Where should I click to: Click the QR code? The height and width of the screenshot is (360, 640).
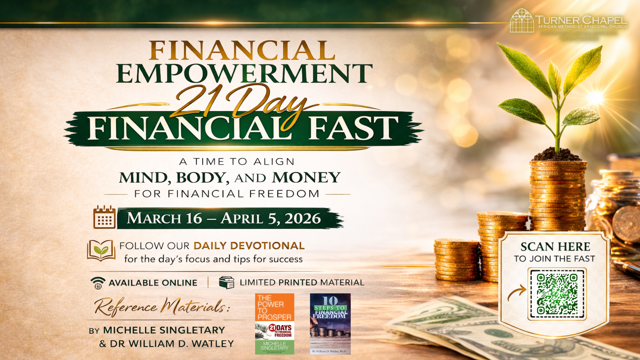click(x=557, y=294)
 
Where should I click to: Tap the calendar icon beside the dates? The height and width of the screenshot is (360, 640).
click(x=104, y=217)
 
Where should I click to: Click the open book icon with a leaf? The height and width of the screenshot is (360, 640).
click(x=101, y=251)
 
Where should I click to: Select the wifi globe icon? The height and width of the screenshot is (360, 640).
click(x=98, y=283)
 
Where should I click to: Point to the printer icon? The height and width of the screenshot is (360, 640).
click(x=227, y=282)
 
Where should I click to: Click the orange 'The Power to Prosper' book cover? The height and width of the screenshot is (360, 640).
click(x=275, y=324)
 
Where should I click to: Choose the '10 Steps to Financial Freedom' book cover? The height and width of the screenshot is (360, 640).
click(x=330, y=324)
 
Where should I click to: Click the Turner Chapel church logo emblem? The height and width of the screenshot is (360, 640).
click(x=522, y=21)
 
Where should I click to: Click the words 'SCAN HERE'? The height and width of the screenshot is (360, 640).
click(x=555, y=247)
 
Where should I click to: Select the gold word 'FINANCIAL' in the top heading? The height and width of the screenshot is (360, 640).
click(x=242, y=51)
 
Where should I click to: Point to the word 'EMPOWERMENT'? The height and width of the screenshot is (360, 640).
click(x=244, y=73)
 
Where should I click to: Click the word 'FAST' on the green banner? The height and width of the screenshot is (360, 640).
click(x=353, y=128)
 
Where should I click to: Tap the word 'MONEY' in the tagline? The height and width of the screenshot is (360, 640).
click(x=306, y=178)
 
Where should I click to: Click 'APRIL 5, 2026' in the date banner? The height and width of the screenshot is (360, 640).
click(x=271, y=219)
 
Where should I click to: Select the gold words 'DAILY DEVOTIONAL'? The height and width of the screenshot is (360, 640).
click(x=249, y=246)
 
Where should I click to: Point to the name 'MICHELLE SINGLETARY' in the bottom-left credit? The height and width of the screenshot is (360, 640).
click(x=164, y=330)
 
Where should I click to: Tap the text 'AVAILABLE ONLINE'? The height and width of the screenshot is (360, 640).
click(x=153, y=283)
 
